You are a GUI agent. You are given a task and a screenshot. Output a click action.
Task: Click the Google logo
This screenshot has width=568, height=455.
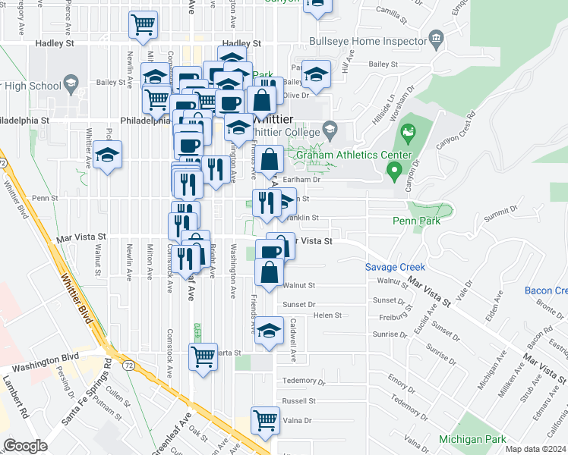click(25, 446)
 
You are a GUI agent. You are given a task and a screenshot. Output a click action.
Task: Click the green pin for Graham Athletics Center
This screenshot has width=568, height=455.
click(393, 173)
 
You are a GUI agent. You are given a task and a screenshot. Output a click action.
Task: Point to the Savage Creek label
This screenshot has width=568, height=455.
click(394, 267)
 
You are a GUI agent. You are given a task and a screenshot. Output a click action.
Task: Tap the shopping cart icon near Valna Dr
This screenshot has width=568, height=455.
click(265, 419)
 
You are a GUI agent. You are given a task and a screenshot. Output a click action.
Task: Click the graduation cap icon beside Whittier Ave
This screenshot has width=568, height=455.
click(109, 155)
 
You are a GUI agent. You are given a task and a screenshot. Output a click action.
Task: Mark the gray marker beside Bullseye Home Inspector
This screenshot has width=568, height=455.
click(436, 38)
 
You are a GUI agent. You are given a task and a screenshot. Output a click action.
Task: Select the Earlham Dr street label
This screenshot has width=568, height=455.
click(302, 180)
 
